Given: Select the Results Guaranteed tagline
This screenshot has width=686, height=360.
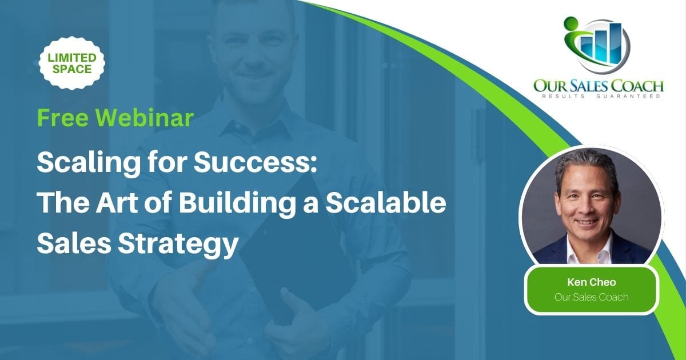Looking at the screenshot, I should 599,97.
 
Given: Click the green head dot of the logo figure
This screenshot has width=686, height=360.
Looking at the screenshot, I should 571,25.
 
